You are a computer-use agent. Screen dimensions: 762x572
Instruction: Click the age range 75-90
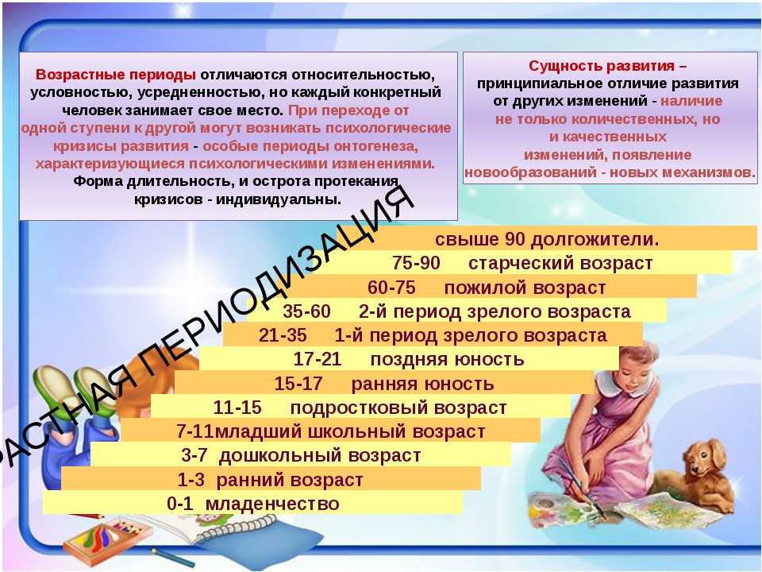pyautogui.click(x=416, y=263)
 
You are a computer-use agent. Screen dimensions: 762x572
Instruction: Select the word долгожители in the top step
pyautogui.click(x=595, y=239)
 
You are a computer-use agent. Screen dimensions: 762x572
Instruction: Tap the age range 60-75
pyautogui.click(x=391, y=288)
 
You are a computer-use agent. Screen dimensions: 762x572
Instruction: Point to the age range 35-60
pyautogui.click(x=306, y=311)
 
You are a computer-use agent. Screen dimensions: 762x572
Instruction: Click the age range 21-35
pyautogui.click(x=283, y=335)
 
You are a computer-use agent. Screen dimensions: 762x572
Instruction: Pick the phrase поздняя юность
pyautogui.click(x=447, y=359)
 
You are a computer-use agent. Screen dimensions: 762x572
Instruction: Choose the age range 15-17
pyautogui.click(x=298, y=384)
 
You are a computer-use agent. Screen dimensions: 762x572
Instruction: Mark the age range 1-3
pyautogui.click(x=191, y=480)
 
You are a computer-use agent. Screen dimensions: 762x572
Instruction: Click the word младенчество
pyautogui.click(x=272, y=504)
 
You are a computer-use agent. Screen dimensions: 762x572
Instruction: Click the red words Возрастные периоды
pyautogui.click(x=116, y=75)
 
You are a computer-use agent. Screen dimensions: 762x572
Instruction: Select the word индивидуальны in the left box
pyautogui.click(x=279, y=199)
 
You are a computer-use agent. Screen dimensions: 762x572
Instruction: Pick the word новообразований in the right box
pyautogui.click(x=530, y=172)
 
